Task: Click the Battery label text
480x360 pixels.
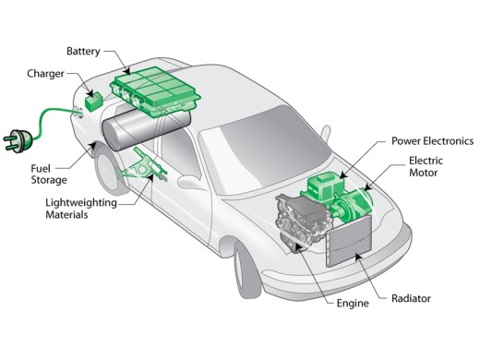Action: [x=83, y=52]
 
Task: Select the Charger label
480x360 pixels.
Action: [x=45, y=74]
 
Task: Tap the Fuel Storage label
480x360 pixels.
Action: [x=49, y=174]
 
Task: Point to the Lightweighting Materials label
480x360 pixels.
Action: [x=81, y=209]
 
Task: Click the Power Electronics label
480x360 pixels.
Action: [x=432, y=141]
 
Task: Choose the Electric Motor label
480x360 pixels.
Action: [x=426, y=166]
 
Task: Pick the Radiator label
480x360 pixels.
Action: [x=411, y=298]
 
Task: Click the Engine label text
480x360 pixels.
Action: [x=353, y=304]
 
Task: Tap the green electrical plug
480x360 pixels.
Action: [x=18, y=141]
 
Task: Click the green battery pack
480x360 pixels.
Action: [x=155, y=91]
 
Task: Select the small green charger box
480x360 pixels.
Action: [x=93, y=102]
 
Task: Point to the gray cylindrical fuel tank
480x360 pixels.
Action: [x=145, y=127]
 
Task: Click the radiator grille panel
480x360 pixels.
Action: [x=349, y=241]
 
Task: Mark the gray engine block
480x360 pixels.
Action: [x=303, y=221]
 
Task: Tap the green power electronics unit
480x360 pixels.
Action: [x=326, y=187]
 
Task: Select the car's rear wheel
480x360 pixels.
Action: [x=110, y=171]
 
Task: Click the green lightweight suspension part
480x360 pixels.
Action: [x=142, y=166]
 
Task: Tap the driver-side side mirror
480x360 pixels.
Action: [x=189, y=183]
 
